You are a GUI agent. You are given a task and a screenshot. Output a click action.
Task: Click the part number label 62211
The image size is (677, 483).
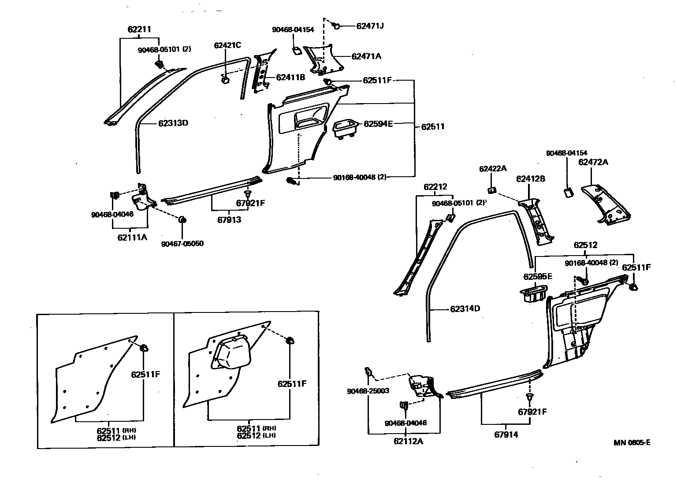tap(139, 30)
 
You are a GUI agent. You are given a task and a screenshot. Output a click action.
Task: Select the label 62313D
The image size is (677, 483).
tap(173, 123)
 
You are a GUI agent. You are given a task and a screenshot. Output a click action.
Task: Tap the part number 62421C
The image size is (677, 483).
tap(227, 45)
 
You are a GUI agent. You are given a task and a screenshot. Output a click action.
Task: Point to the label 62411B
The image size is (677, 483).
tap(290, 77)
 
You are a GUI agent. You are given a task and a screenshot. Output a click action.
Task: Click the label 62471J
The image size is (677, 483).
tap(370, 26)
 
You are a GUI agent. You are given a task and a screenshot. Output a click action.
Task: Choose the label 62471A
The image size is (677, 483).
tap(366, 56)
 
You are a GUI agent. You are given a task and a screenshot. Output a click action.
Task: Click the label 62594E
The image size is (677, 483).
tap(378, 124)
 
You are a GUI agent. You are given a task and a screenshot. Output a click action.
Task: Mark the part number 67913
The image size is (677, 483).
tap(226, 219)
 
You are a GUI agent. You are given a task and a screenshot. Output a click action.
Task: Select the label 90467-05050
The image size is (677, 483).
tap(182, 243)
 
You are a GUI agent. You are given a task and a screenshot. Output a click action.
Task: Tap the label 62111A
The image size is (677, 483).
tap(132, 237)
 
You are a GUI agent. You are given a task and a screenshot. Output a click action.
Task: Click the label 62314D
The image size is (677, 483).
tap(465, 308)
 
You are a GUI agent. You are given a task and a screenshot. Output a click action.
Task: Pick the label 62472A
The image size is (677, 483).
tap(593, 162)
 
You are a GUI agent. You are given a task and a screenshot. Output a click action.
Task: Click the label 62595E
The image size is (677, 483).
tap(538, 276)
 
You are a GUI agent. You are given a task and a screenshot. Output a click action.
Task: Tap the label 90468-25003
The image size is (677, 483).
tap(368, 391)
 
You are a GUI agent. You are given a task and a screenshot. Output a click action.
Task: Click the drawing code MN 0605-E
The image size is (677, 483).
tap(632, 442)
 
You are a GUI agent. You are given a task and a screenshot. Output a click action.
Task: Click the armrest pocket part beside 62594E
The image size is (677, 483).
tap(345, 129)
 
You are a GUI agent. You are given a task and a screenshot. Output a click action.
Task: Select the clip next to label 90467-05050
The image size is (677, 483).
tap(182, 219)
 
